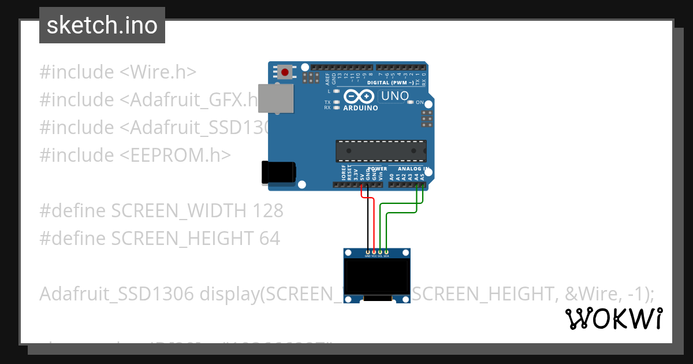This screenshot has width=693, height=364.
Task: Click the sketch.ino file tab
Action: [102, 25]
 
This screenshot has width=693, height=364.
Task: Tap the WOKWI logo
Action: [613, 318]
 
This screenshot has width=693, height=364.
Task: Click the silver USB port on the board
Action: [275, 98]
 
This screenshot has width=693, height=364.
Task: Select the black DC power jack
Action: [279, 173]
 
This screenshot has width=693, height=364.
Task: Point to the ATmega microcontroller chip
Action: [381, 151]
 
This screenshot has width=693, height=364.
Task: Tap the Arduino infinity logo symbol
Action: [359, 96]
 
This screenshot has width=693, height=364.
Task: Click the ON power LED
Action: [411, 102]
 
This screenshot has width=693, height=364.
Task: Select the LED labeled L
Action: [336, 91]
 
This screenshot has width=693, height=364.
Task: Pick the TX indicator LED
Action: [336, 102]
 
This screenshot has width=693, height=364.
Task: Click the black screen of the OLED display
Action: [377, 277]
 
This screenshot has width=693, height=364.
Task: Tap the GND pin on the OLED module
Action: [368, 252]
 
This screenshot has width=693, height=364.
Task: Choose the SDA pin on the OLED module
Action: [386, 252]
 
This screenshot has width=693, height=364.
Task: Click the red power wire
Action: [374, 225]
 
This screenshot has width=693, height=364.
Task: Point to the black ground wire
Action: [368, 225]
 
